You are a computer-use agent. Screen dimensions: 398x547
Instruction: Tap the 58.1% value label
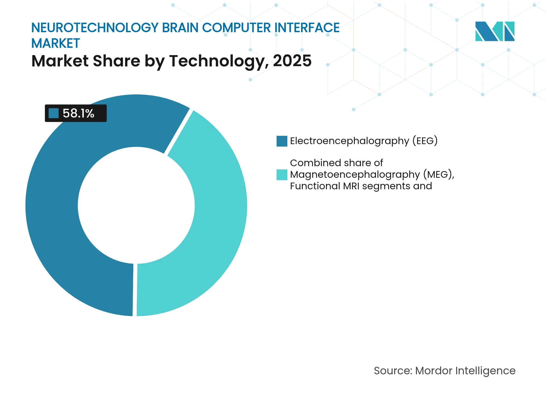coord(78,113)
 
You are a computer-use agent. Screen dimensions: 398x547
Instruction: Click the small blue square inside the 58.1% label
coord(53,113)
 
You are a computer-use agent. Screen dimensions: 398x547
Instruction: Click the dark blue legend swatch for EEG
coord(282,141)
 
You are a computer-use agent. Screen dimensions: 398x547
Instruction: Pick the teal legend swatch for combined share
coord(282,175)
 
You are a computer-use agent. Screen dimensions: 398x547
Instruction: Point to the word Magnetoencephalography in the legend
coord(355,175)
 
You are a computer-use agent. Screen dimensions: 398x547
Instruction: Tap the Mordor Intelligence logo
coord(495,31)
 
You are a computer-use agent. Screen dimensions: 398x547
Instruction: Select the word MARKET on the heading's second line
coord(56,43)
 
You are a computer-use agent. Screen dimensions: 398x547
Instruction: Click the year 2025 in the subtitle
coord(292,61)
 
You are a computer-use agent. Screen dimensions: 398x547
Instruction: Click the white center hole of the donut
coord(136,205)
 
